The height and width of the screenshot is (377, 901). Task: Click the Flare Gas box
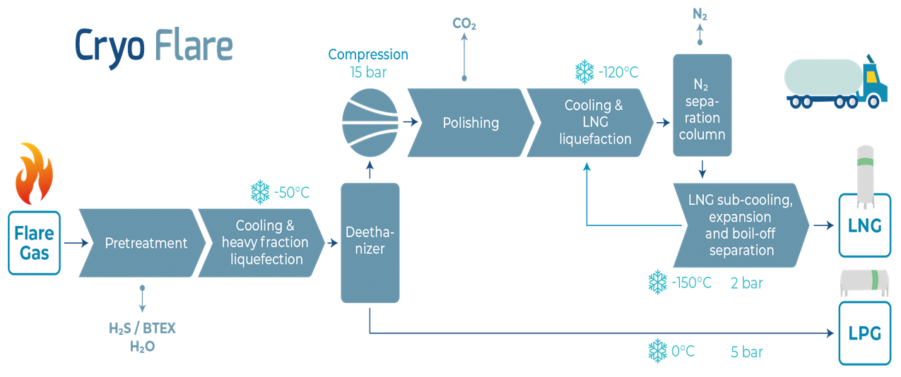pyautogui.click(x=34, y=243)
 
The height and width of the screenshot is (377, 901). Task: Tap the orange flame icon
pyautogui.click(x=34, y=174)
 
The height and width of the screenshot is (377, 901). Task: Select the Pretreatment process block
pyautogui.click(x=142, y=243)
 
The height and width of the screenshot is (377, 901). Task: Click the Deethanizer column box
pyautogui.click(x=370, y=243)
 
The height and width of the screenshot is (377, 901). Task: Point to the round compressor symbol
pyautogui.click(x=370, y=123)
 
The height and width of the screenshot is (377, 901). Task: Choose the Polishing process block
pyautogui.click(x=471, y=123)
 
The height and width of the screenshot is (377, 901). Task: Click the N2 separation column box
pyautogui.click(x=702, y=105)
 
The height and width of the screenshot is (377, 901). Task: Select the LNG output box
pyautogui.click(x=865, y=225)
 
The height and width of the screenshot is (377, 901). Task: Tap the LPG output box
pyautogui.click(x=865, y=333)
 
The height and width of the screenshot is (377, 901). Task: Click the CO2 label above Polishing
pyautogui.click(x=464, y=23)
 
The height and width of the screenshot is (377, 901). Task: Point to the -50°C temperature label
pyautogui.click(x=292, y=193)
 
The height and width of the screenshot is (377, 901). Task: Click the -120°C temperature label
pyautogui.click(x=618, y=72)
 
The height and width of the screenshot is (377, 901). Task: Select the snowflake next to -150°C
pyautogui.click(x=658, y=282)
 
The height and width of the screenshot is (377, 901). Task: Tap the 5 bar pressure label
pyautogui.click(x=746, y=352)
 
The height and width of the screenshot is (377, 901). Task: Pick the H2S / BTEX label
pyautogui.click(x=142, y=328)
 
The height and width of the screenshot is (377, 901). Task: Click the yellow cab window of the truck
pyautogui.click(x=871, y=76)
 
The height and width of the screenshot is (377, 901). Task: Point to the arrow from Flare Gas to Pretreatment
pyautogui.click(x=76, y=243)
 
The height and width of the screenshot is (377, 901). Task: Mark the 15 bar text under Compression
pyautogui.click(x=368, y=72)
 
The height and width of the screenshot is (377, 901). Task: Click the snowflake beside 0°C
pyautogui.click(x=658, y=351)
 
